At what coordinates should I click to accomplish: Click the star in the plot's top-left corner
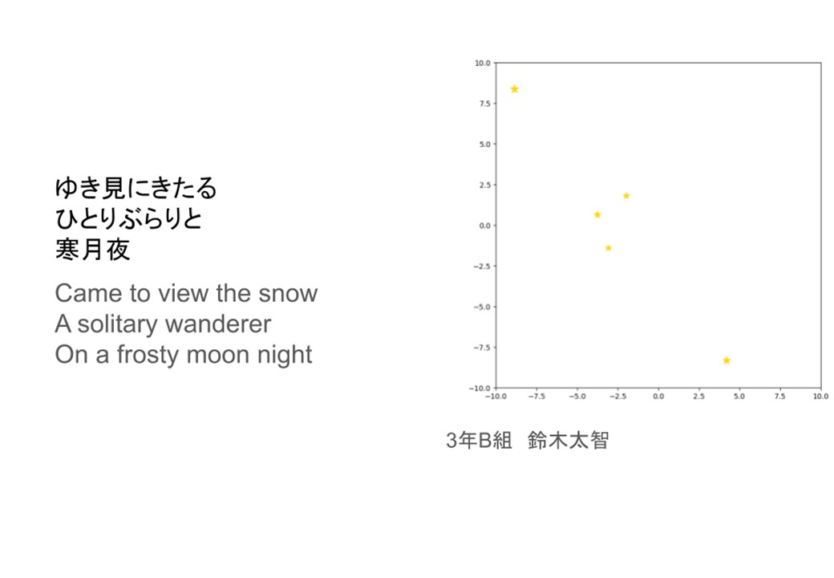[514, 89]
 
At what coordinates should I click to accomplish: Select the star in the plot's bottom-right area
[727, 360]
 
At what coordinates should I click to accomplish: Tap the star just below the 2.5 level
[626, 196]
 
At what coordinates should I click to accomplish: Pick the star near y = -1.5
[609, 248]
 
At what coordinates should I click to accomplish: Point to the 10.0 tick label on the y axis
[483, 63]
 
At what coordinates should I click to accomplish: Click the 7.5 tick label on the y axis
[484, 104]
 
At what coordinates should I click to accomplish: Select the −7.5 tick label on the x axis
[536, 397]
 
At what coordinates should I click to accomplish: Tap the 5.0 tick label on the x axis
[739, 397]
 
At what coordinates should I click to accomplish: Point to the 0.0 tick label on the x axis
[658, 397]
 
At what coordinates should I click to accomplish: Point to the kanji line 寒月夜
[92, 250]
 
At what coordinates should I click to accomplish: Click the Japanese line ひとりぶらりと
[129, 218]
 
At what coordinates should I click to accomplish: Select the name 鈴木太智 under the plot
[568, 441]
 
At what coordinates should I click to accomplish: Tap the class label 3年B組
[479, 441]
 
